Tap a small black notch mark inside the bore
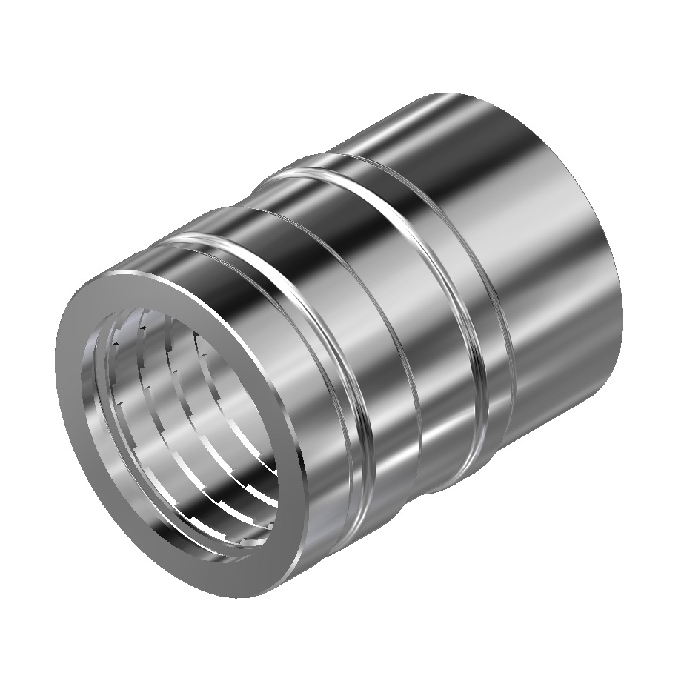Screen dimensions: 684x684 click(x=116, y=345)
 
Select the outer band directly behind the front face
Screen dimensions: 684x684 click(x=222, y=245)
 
